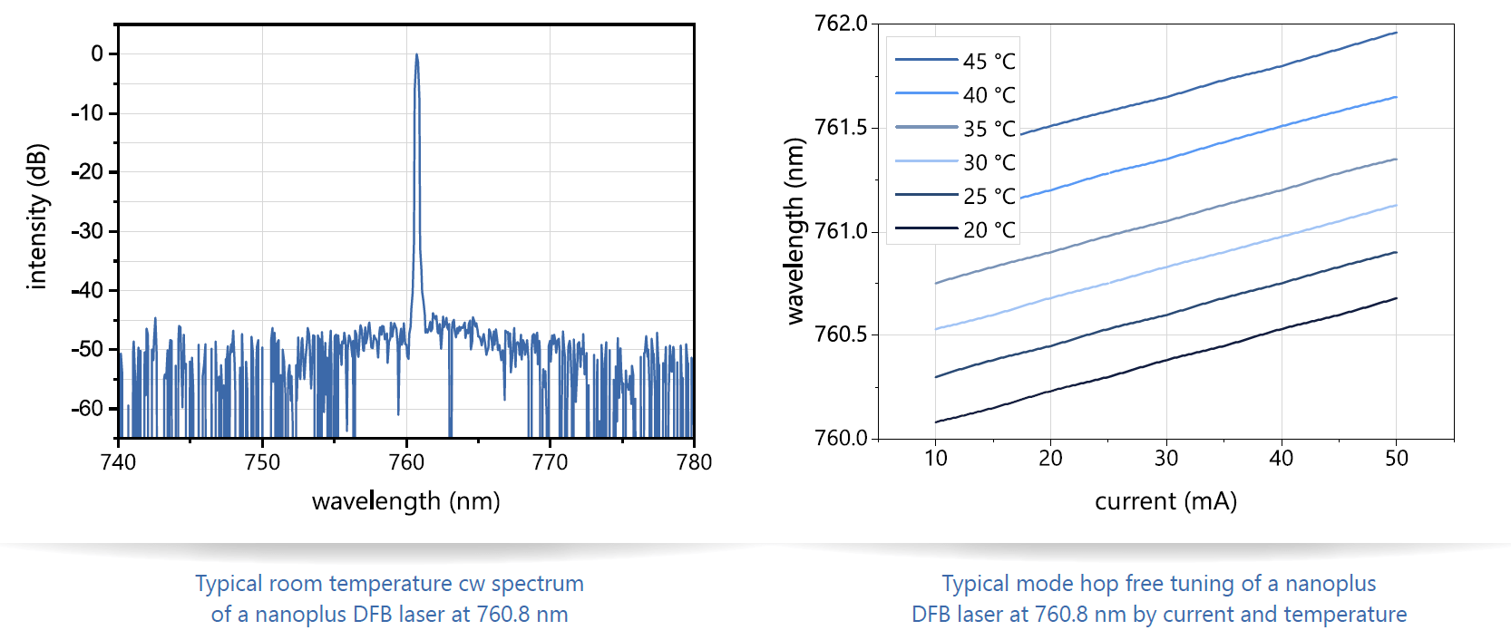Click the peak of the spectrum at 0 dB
pyautogui.click(x=416, y=55)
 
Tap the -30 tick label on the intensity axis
pyautogui.click(x=89, y=231)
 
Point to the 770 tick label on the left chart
pyautogui.click(x=550, y=462)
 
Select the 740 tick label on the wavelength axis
pyautogui.click(x=118, y=462)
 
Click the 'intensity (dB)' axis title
pyautogui.click(x=36, y=217)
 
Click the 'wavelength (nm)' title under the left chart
pyautogui.click(x=405, y=501)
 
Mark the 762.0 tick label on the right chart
pyautogui.click(x=841, y=24)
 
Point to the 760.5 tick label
pyautogui.click(x=841, y=335)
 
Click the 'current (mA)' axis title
pyautogui.click(x=1165, y=501)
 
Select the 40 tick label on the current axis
pyautogui.click(x=1281, y=459)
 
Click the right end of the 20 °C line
pyautogui.click(x=1396, y=298)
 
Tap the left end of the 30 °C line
pyautogui.click(x=936, y=329)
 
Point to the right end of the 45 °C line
pyautogui.click(x=1396, y=33)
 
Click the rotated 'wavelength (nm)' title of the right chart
pyautogui.click(x=795, y=231)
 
